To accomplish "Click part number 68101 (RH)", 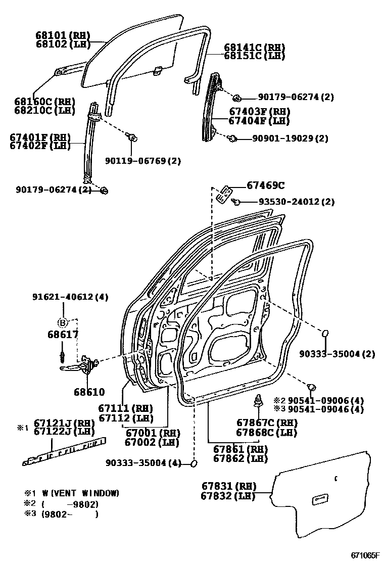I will point(62,35).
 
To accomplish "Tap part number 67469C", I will point(266,185).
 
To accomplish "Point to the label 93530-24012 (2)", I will point(297,202).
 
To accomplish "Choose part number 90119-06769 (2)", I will point(143,161).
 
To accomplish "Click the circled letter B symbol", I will point(63,322).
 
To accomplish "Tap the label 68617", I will point(63,335).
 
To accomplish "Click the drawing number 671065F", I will point(365,555).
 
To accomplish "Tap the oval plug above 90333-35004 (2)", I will point(326,334).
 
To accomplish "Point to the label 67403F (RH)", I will point(259,112).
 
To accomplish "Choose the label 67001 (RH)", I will point(152,432).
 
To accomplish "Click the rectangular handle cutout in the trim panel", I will point(320,500).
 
